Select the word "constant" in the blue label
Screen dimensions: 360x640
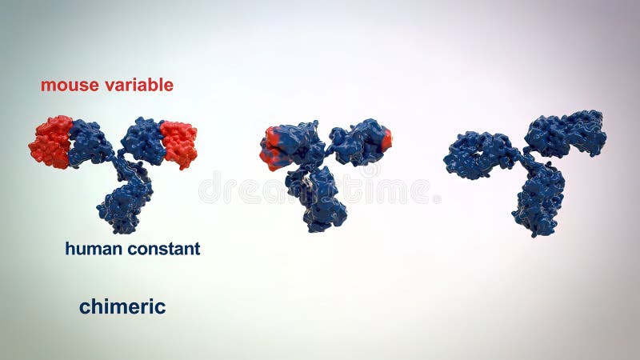pyautogui.click(x=162, y=249)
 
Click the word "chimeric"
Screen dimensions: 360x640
pyautogui.click(x=122, y=306)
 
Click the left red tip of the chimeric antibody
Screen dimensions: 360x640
pyautogui.click(x=50, y=142)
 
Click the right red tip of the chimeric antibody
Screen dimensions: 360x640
pyautogui.click(x=179, y=144)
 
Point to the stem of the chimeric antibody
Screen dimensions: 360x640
pyautogui.click(x=124, y=205)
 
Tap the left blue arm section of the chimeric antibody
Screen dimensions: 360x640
pyautogui.click(x=90, y=142)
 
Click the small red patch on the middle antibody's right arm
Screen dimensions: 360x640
pyautogui.click(x=386, y=140)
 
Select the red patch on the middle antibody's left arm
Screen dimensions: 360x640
pyautogui.click(x=270, y=147)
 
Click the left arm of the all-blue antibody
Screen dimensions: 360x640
pyautogui.click(x=479, y=154)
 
